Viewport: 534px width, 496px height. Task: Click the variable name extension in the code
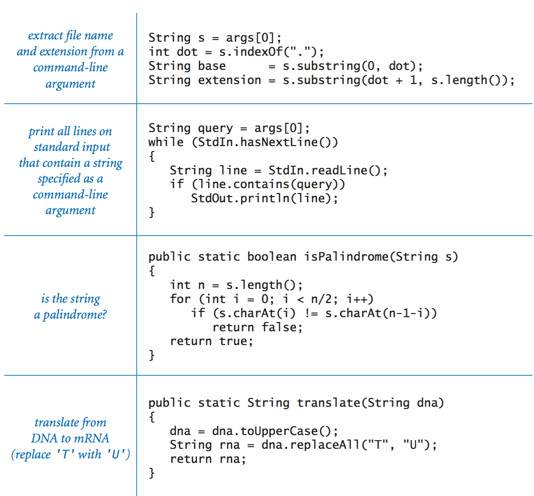click(229, 80)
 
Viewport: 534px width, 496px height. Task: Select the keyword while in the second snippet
click(166, 142)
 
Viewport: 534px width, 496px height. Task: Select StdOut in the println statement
click(212, 198)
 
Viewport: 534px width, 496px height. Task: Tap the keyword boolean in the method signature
click(272, 257)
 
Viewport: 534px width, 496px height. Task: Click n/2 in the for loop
click(322, 299)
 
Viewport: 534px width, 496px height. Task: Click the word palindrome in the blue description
click(74, 315)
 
